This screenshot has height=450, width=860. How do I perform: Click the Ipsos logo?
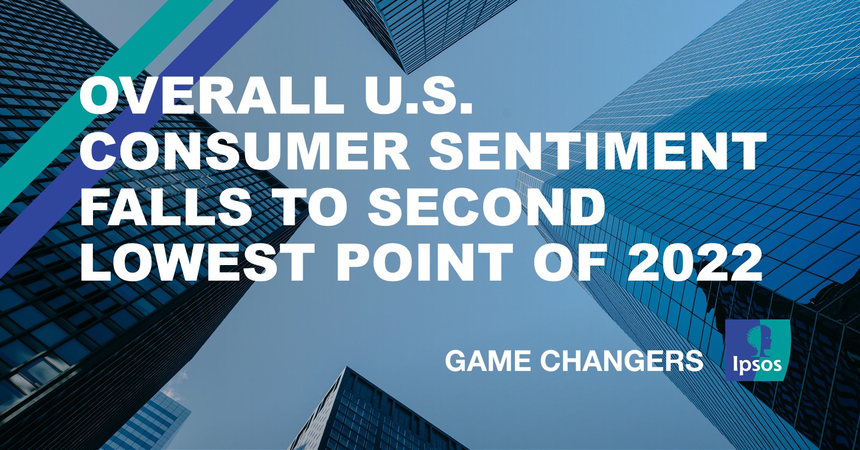coord(757,350)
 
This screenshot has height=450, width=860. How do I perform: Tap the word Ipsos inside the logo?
coord(757,365)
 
